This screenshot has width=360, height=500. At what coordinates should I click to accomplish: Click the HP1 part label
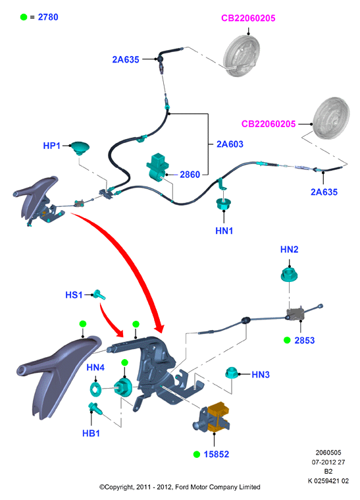(51, 146)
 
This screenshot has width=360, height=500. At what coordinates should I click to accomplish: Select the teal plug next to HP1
(80, 148)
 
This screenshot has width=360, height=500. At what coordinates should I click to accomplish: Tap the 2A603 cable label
(230, 144)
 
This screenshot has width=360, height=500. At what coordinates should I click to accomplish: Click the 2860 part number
(190, 175)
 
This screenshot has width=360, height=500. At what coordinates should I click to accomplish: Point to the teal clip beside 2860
(158, 167)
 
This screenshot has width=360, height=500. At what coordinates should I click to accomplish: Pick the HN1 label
(224, 231)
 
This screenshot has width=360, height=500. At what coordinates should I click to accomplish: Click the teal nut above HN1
(224, 204)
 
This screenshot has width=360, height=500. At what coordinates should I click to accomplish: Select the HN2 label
(290, 250)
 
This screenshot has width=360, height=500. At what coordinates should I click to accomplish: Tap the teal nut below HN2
(290, 275)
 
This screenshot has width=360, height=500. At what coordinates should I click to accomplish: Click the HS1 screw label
(74, 295)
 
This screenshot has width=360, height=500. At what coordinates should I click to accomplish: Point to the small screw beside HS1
(99, 294)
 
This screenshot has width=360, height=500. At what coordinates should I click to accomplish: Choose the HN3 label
(261, 374)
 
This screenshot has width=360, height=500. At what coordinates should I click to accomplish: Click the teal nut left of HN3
(232, 373)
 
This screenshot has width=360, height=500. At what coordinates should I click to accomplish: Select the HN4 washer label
(95, 368)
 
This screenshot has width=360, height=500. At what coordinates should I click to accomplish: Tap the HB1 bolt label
(91, 433)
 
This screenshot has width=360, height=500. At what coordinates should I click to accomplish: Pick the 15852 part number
(217, 454)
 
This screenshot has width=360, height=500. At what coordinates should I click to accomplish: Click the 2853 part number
(305, 341)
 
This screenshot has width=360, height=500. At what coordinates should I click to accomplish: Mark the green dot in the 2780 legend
(24, 17)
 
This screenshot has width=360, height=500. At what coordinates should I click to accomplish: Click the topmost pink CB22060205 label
(248, 18)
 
